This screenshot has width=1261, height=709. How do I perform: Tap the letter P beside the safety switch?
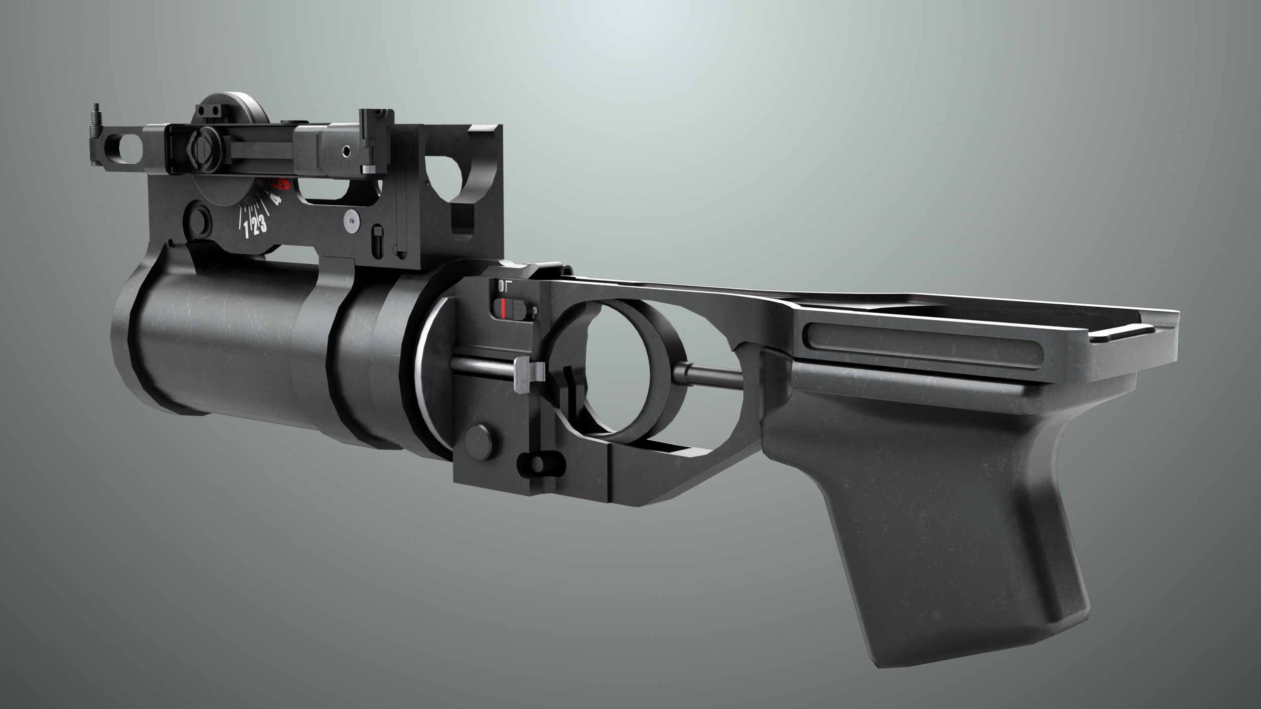point(534,311)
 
